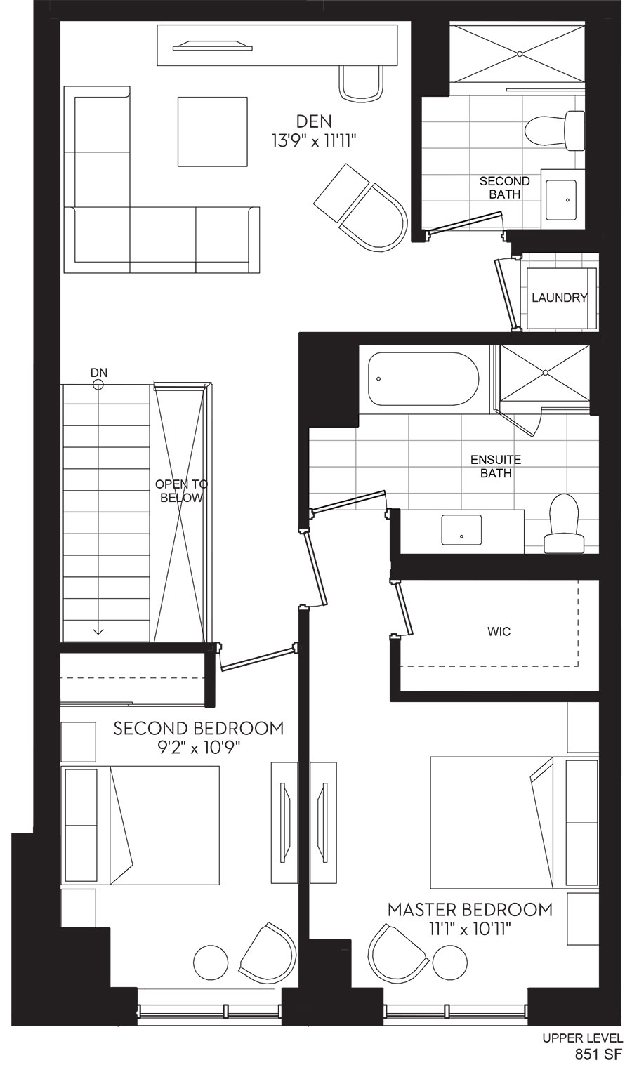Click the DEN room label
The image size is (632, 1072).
tap(314, 121)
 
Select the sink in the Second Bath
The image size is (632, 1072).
tap(561, 199)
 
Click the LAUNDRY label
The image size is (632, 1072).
tap(559, 298)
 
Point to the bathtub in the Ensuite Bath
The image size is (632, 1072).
tap(423, 379)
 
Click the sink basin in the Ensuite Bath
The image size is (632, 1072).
tap(461, 529)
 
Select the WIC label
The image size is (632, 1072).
tap(499, 631)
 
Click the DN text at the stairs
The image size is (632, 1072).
tap(98, 372)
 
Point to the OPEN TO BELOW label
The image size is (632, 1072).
tap(181, 491)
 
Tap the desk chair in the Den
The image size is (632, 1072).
tap(362, 82)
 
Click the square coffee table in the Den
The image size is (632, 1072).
tap(213, 132)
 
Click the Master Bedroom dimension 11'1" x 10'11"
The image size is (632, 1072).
tap(470, 929)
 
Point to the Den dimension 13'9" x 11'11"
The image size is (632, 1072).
tap(314, 142)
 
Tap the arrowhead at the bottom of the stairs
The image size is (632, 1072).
tap(98, 631)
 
